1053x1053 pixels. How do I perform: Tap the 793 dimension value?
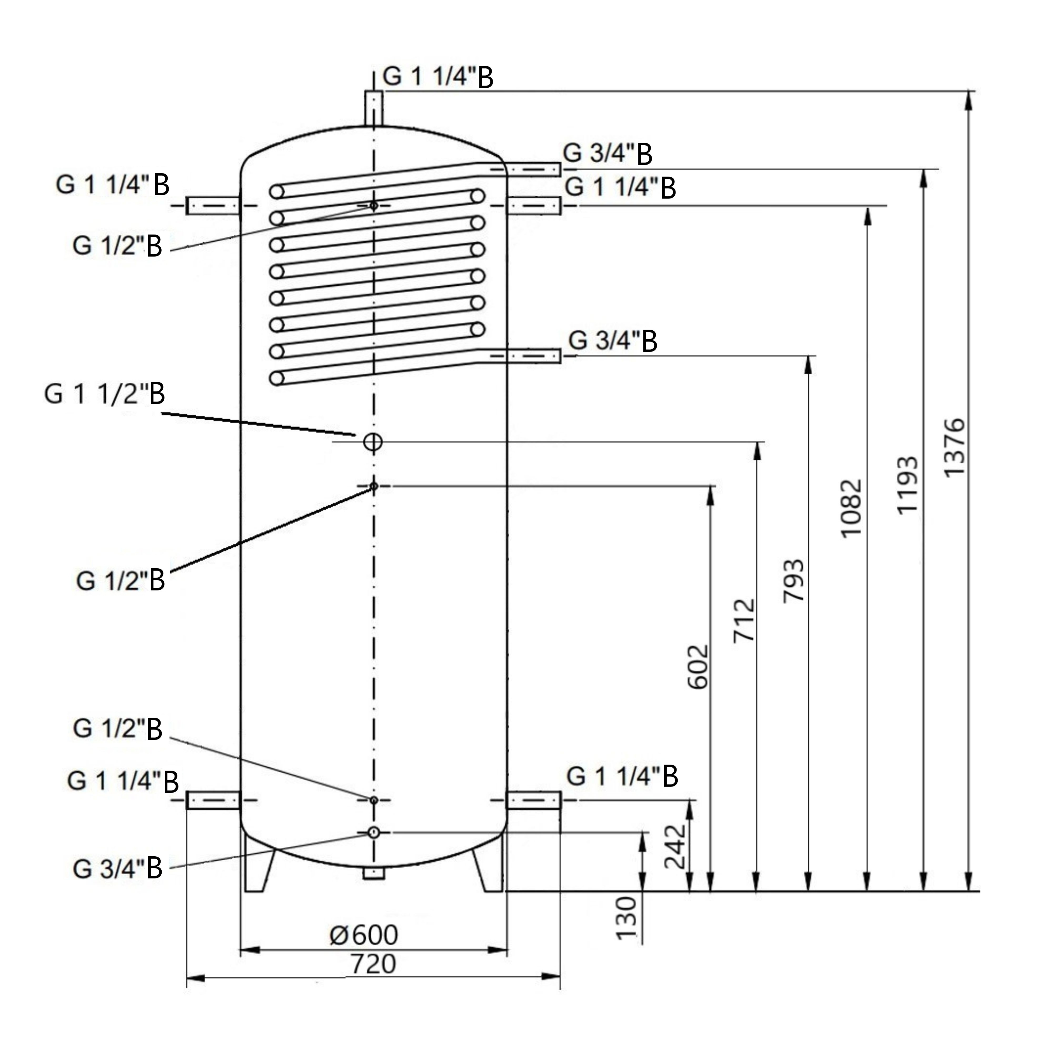click(793, 580)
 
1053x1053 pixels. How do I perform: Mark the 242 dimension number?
click(675, 846)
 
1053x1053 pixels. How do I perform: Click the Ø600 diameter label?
click(364, 935)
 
